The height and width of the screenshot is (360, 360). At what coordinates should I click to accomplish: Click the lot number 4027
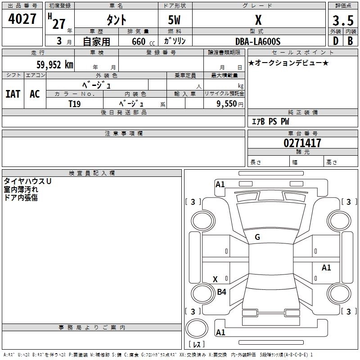pos(22,19)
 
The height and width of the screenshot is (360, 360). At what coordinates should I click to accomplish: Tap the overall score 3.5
pos(342,20)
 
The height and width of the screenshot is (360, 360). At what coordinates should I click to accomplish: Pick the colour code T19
pos(75,103)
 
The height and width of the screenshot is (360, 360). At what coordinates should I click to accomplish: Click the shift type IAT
pos(13,94)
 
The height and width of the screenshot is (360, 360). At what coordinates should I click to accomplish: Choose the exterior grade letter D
pos(335,41)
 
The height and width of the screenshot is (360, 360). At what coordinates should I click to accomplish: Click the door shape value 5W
pos(175,20)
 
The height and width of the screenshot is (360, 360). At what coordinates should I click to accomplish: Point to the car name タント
pos(116,20)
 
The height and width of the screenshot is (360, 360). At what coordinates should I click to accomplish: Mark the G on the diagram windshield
pos(257,237)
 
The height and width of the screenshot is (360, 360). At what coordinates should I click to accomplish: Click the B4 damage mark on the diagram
pos(221,292)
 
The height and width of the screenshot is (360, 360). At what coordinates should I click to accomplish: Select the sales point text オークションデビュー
pos(288,63)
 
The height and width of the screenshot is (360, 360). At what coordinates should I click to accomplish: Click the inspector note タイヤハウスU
pos(27,181)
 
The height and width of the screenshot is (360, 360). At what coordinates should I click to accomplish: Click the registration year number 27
pos(59,23)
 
